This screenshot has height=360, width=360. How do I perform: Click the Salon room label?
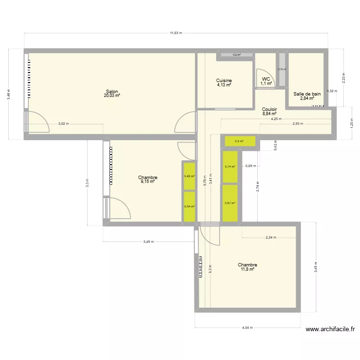tap(112, 91)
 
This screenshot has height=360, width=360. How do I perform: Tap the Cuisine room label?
tap(224, 81)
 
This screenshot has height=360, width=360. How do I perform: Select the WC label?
tap(266, 79)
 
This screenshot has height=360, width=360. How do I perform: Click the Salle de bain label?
tap(307, 94)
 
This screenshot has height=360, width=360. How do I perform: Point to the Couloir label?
tap(269, 109)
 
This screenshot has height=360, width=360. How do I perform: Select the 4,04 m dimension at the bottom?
tap(247, 328)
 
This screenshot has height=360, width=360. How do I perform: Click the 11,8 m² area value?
tap(247, 269)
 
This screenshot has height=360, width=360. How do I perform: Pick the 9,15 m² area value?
tap(148, 181)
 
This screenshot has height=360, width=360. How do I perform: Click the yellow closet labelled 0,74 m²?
tap(230, 167)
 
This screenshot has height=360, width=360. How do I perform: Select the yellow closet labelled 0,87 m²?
tap(230, 203)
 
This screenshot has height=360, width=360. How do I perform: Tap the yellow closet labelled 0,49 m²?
tap(189, 176)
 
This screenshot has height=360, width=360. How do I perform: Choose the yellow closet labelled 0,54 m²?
tap(189, 206)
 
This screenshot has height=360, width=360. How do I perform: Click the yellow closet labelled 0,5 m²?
tap(239, 141)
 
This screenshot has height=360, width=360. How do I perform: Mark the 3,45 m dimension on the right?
tap(315, 267)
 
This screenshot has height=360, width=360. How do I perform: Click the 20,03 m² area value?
tap(112, 96)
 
